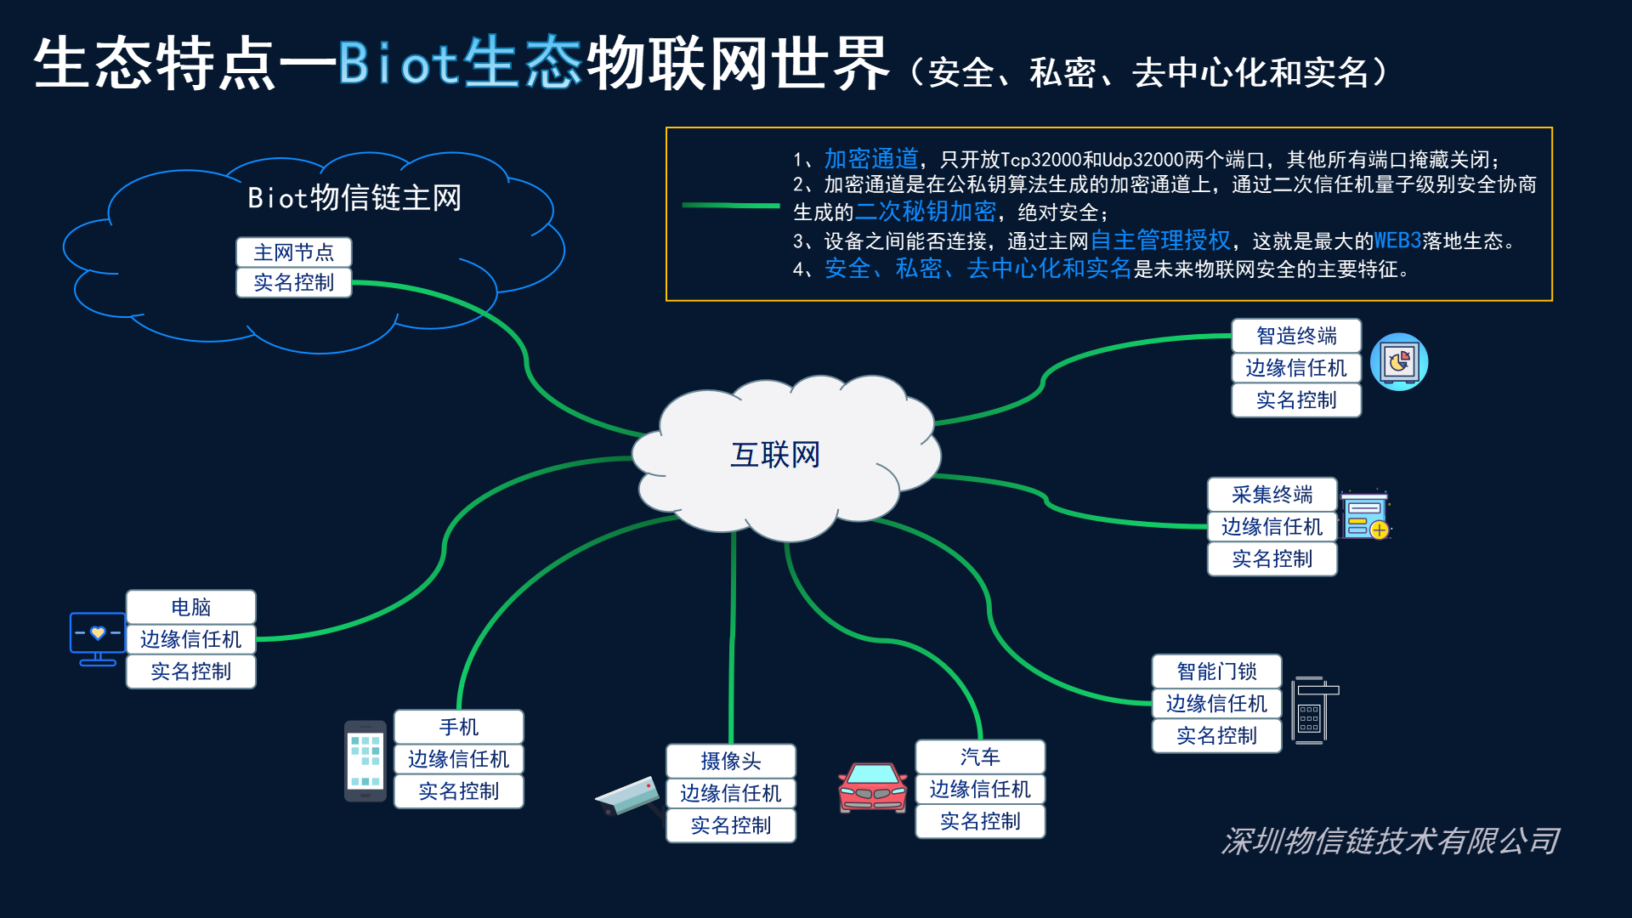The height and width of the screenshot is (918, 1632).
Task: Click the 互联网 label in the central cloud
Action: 775,455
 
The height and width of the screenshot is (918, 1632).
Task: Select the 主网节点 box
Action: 293,252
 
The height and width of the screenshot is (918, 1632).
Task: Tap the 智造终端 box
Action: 1296,336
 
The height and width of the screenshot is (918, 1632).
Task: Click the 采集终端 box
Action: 1272,495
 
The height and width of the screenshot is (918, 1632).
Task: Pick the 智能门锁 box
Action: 1216,671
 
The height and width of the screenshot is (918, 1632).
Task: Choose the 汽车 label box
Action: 980,756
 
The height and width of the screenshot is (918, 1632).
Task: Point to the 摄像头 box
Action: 730,761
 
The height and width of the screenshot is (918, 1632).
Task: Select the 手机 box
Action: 458,727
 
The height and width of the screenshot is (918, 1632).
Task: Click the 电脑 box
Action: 190,607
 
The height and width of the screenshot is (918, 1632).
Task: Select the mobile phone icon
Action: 365,761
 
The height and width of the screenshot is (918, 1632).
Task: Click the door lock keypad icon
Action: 1312,711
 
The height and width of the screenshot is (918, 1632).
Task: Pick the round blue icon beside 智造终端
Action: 1398,362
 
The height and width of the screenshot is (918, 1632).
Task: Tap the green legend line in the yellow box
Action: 730,205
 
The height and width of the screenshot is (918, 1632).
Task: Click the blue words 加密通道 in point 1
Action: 871,159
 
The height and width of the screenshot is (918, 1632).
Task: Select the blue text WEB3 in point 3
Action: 1397,241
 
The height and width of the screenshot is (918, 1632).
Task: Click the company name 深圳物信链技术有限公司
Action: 1391,841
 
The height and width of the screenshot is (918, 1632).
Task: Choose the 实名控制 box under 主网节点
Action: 293,282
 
